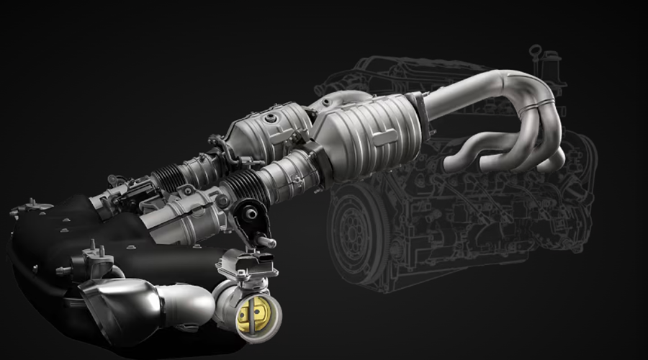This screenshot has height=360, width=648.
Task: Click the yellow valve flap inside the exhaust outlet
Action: coord(253,315)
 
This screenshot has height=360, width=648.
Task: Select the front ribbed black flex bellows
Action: coord(256,183)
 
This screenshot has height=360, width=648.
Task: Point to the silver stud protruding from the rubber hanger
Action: coord(267,243)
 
